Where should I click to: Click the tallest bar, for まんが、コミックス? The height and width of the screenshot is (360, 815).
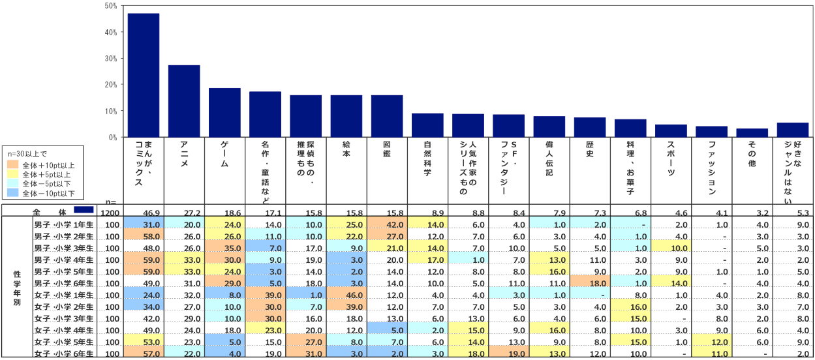point(144,75)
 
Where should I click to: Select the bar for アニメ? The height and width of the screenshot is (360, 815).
point(184,101)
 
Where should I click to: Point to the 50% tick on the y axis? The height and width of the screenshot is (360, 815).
point(110,6)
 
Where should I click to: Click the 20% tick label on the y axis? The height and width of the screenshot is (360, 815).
point(110,85)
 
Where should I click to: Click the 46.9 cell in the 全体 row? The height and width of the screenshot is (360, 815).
point(144,213)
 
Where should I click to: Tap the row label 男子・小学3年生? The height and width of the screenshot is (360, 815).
point(64,248)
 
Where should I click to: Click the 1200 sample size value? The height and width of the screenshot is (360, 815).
point(108,213)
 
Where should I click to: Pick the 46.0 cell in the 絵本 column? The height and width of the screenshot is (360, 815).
point(346,295)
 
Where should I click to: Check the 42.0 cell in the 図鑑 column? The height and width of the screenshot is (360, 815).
point(388,225)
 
